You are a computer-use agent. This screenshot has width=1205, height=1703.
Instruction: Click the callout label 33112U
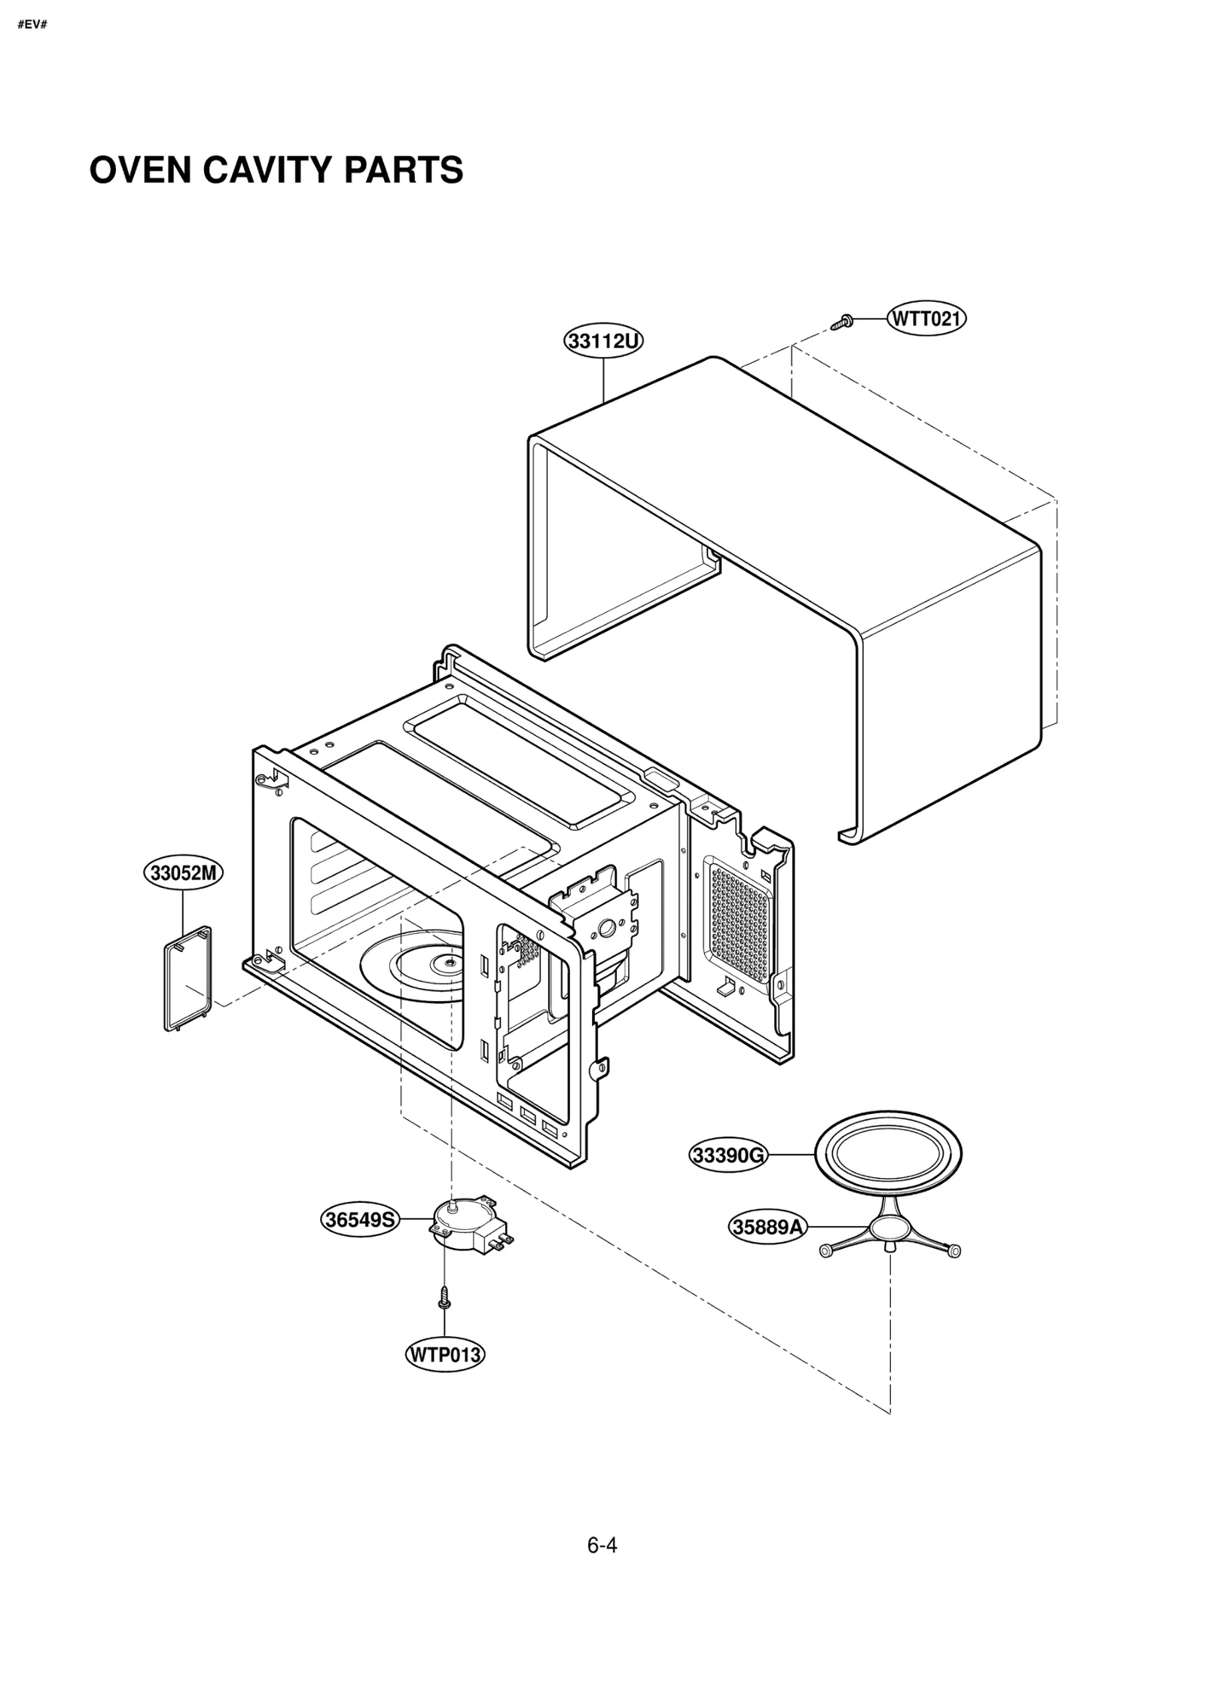click(603, 341)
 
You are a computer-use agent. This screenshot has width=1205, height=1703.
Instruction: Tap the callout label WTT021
click(926, 319)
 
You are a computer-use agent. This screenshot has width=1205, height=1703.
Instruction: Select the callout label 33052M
click(184, 873)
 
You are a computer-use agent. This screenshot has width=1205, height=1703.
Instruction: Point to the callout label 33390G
click(728, 1155)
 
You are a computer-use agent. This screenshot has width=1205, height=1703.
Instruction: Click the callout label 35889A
click(768, 1227)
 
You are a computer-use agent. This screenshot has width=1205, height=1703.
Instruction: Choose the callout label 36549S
click(360, 1219)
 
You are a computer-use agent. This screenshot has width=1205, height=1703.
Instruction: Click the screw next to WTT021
click(842, 322)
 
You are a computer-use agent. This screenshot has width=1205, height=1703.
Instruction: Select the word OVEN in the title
click(141, 170)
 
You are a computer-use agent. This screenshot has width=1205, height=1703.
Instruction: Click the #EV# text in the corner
click(32, 25)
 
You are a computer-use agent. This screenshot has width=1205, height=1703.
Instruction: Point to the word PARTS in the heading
click(404, 170)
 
